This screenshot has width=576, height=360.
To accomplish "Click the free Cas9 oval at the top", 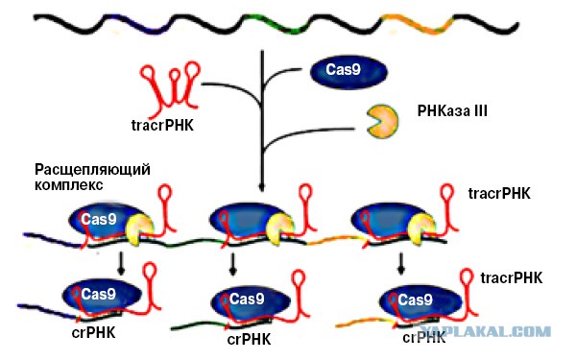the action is pyautogui.click(x=348, y=72).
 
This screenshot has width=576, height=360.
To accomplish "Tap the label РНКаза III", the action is pyautogui.click(x=452, y=110).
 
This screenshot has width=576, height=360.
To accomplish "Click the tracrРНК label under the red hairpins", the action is pyautogui.click(x=162, y=126).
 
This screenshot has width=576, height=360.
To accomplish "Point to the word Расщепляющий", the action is pyautogui.click(x=92, y=171).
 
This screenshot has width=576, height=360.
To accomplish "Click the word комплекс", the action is pyautogui.click(x=69, y=184).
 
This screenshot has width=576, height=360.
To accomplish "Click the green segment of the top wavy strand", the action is pyautogui.click(x=276, y=24).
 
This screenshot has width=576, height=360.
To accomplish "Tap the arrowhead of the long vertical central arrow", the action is pyautogui.click(x=261, y=187).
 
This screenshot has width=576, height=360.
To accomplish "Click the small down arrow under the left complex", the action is pyautogui.click(x=121, y=263).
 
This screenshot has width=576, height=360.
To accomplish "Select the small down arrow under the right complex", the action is pyautogui.click(x=401, y=263).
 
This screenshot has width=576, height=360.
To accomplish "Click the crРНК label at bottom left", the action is pyautogui.click(x=93, y=333).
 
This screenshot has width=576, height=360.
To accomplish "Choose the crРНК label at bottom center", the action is pyautogui.click(x=249, y=340).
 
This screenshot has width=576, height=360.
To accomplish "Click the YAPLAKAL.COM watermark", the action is pyautogui.click(x=485, y=332).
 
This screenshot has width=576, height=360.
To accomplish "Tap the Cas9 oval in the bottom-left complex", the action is pyautogui.click(x=102, y=296).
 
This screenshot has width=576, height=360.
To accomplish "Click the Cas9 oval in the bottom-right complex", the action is pyautogui.click(x=420, y=301).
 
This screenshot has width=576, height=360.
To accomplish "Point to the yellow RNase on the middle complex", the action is pyautogui.click(x=280, y=228).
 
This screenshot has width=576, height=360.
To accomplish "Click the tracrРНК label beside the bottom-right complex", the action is pyautogui.click(x=512, y=278).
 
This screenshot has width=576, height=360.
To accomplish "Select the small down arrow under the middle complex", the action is pyautogui.click(x=232, y=263).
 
